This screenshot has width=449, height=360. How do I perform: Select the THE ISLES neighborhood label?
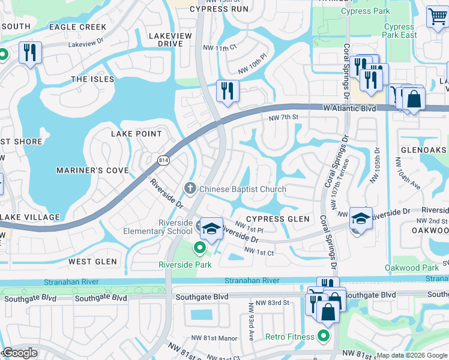click(x=92, y=79)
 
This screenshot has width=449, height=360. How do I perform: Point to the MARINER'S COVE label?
click(x=92, y=170)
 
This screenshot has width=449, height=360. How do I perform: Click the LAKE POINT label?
click(x=136, y=134)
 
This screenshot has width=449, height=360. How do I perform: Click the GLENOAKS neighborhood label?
click(x=423, y=151)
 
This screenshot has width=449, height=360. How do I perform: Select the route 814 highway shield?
click(x=163, y=160)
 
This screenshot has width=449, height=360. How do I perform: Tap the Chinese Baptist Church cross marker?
click(x=190, y=189)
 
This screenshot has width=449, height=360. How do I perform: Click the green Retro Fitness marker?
click(x=324, y=337)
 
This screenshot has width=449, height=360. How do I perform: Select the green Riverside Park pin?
click(x=199, y=247)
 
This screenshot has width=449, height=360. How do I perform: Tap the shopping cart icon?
click(x=437, y=16)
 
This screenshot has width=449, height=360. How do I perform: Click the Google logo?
click(x=19, y=353)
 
